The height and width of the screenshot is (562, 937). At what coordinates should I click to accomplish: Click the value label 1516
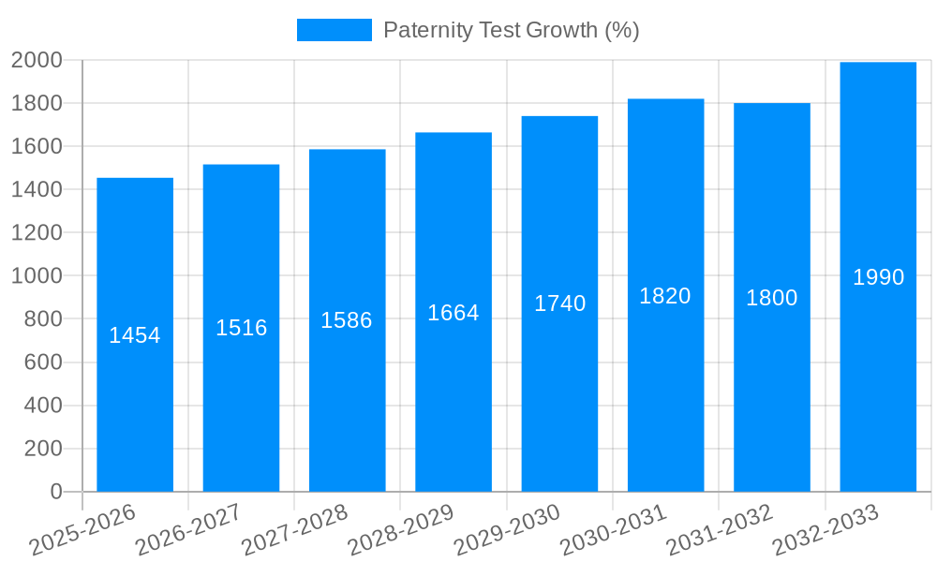241,328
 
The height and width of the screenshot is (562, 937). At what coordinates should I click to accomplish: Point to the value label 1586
347,320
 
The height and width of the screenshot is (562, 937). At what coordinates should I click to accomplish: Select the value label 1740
559,303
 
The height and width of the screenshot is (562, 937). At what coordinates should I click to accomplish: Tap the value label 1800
772,298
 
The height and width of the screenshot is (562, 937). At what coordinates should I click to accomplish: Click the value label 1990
878,277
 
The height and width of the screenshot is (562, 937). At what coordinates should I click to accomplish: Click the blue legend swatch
334,30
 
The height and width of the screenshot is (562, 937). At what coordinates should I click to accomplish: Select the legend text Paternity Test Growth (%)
512,30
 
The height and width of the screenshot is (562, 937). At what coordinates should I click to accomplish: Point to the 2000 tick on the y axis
37,60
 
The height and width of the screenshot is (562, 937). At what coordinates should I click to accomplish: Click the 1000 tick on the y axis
37,276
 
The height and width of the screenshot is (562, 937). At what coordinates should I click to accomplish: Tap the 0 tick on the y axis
55,492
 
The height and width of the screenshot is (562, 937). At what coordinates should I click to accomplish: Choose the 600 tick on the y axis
42,362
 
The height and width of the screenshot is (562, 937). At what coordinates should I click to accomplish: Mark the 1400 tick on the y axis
37,190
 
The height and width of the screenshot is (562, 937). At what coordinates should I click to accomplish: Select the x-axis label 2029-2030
508,529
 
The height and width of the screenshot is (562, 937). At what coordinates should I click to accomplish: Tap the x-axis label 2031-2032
720,529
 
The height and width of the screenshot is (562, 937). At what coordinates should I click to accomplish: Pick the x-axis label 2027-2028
295,529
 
